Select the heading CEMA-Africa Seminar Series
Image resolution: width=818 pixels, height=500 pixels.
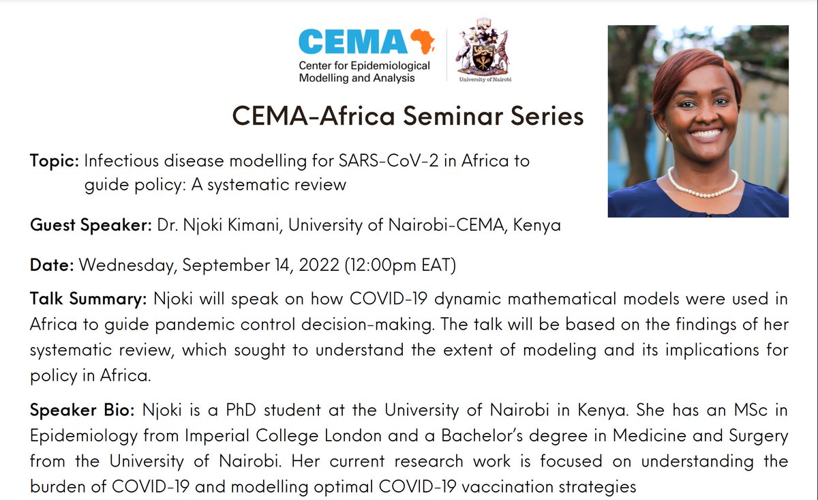click(408, 117)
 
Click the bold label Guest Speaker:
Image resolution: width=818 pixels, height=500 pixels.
click(91, 226)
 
